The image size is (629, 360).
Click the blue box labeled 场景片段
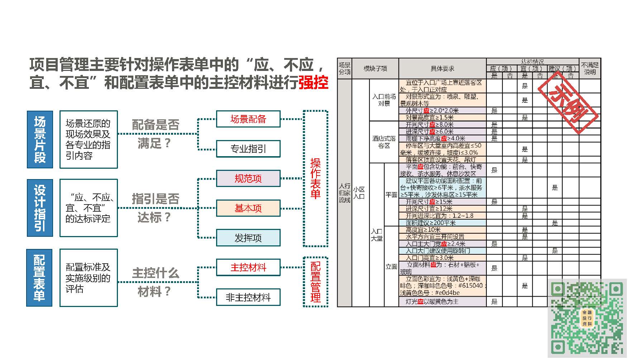[40, 139]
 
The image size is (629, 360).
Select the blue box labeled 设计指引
[40, 208]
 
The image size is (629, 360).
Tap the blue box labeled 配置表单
[39, 278]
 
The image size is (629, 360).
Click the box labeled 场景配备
[248, 119]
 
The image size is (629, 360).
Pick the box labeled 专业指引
[248, 149]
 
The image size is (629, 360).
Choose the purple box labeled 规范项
[248, 178]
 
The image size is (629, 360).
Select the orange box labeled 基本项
[248, 208]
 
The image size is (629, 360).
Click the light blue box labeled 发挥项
[248, 238]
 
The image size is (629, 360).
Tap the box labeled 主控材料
[248, 267]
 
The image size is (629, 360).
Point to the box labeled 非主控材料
[248, 297]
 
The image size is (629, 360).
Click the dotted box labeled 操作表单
[315, 178]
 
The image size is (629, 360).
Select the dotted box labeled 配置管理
[315, 282]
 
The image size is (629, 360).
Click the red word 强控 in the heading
[313, 83]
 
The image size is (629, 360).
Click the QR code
[587, 318]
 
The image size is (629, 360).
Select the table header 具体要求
[442, 68]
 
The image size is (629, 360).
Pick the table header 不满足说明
[590, 68]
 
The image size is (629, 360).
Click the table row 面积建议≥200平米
[442, 223]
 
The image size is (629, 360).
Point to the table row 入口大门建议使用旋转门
[442, 251]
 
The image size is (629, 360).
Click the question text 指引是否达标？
[155, 208]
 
